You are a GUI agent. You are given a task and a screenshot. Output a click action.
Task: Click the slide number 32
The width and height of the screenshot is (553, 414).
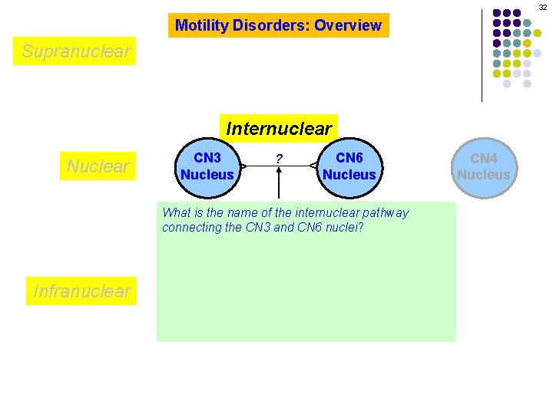[x=543, y=6]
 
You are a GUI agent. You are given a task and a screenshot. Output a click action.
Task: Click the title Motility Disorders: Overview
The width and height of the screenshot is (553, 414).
[x=278, y=25]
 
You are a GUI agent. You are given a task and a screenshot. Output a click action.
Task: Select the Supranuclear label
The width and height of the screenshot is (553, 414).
[x=76, y=51]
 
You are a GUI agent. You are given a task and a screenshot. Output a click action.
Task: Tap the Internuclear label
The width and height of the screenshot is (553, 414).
[x=279, y=128]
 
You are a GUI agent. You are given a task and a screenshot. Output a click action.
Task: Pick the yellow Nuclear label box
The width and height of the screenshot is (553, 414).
[x=98, y=166]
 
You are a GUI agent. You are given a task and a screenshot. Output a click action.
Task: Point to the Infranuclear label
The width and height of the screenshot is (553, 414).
[x=81, y=291]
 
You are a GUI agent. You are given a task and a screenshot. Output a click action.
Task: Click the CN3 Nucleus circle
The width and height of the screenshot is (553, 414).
[x=207, y=166]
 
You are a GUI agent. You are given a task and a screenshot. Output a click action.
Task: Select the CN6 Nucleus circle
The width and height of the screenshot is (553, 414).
[x=349, y=166]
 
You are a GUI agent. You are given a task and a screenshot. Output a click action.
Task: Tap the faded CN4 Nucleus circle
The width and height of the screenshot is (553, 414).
[x=483, y=166]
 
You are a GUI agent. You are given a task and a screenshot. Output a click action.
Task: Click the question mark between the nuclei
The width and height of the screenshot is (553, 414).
[x=279, y=159]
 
